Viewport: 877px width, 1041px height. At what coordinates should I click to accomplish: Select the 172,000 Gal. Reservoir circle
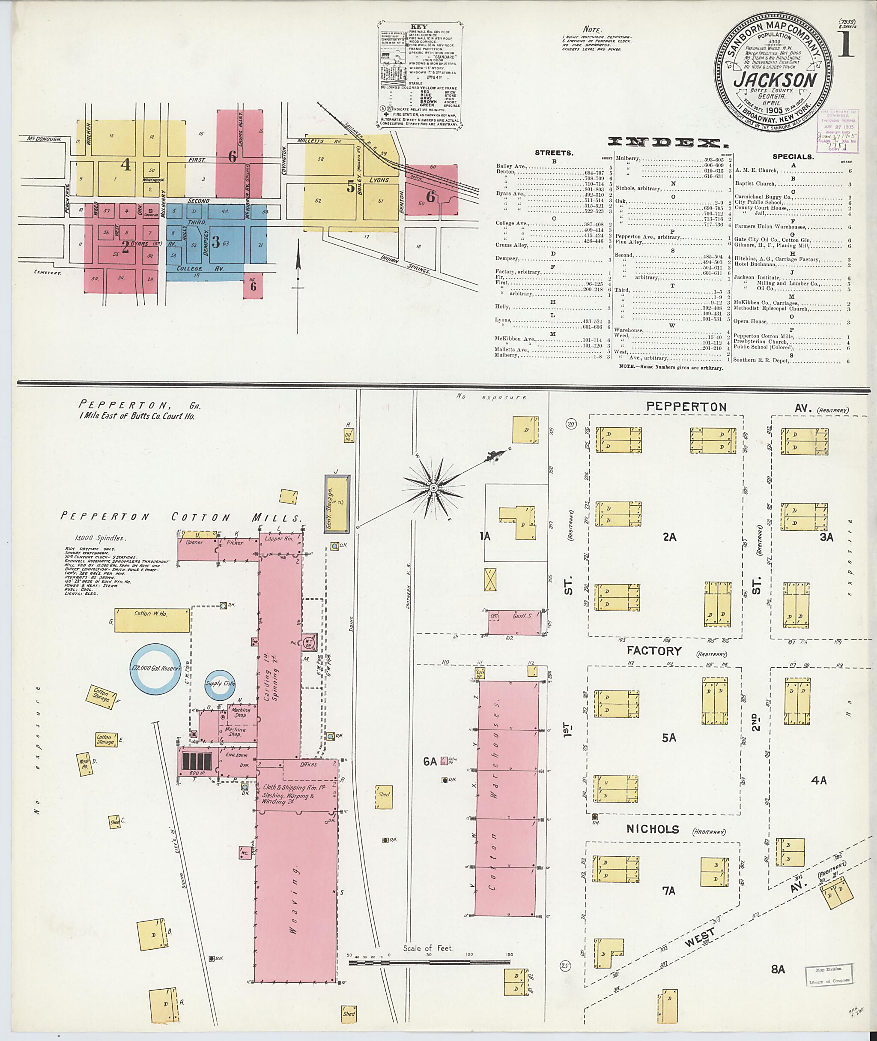pyautogui.click(x=158, y=668)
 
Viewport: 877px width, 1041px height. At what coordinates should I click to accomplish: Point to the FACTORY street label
pyautogui.click(x=654, y=651)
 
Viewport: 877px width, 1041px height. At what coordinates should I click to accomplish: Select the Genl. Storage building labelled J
pyautogui.click(x=337, y=504)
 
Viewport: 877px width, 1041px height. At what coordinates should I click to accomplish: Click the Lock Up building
pyautogui.click(x=480, y=674)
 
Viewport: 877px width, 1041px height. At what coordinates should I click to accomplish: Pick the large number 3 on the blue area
pyautogui.click(x=216, y=242)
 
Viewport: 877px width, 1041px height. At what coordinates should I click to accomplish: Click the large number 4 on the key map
pyautogui.click(x=126, y=164)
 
